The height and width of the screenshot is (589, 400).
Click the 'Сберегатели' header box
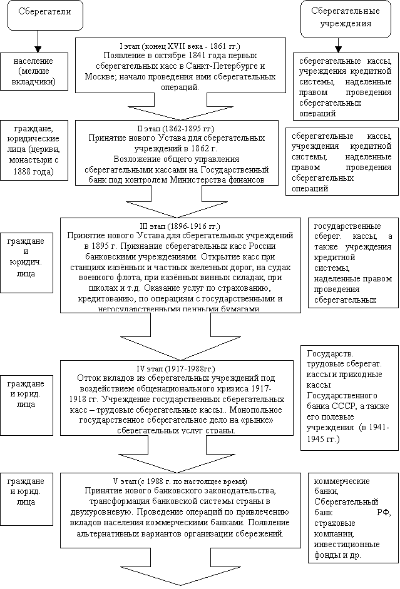click(x=45, y=14)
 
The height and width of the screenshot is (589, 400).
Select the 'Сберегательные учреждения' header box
click(x=341, y=17)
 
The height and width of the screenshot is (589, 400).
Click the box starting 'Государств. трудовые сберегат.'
click(x=349, y=395)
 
